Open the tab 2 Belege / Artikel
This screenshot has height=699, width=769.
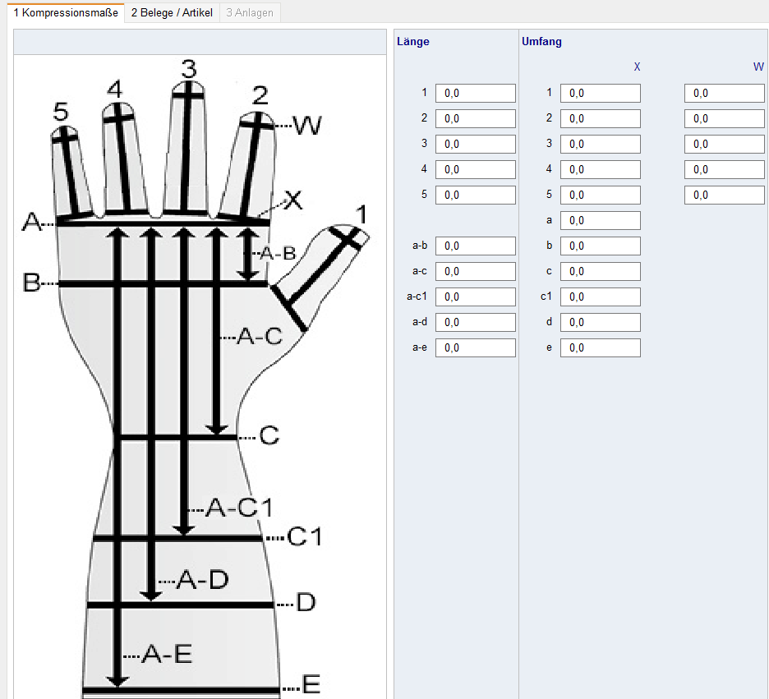[172, 12]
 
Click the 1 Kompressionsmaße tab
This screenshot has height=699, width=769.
[65, 12]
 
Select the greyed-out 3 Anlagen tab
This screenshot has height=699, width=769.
[249, 12]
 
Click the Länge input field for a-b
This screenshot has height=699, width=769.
[475, 246]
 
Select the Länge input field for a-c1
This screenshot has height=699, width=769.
[475, 297]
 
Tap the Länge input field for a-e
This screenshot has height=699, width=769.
[475, 347]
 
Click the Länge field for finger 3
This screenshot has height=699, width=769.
[475, 144]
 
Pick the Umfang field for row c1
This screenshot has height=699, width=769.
[600, 297]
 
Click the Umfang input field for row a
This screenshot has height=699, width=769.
[600, 220]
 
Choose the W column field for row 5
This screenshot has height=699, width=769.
[724, 195]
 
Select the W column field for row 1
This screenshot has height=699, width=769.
[724, 93]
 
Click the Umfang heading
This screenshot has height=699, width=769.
[541, 41]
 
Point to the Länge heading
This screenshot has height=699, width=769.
[412, 41]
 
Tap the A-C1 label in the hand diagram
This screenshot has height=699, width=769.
[238, 508]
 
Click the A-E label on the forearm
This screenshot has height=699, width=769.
[167, 654]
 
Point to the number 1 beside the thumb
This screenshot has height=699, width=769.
[360, 215]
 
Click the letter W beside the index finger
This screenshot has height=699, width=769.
[307, 126]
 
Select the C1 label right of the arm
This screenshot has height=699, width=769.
[305, 537]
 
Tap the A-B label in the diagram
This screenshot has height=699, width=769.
[277, 254]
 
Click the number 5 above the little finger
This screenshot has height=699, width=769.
[61, 112]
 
